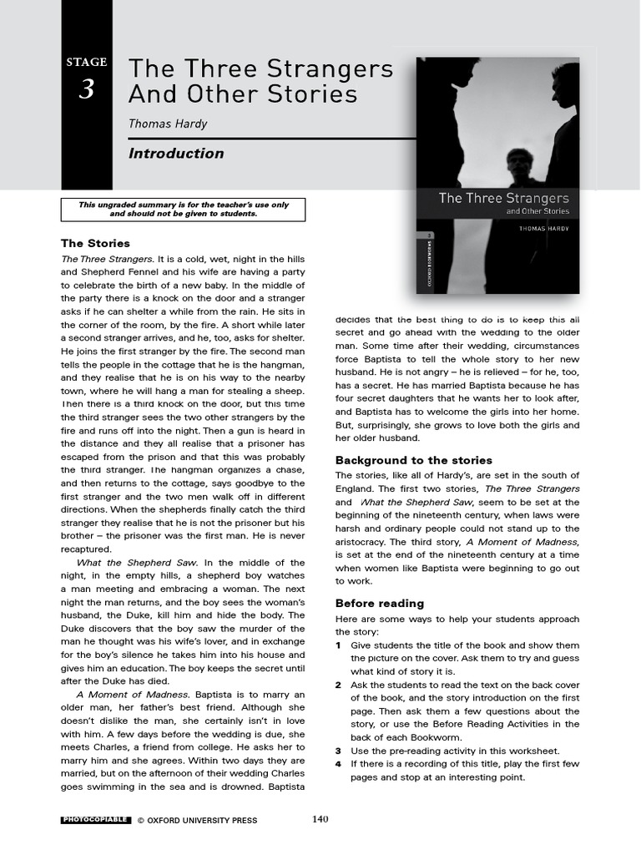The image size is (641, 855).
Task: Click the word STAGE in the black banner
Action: tap(87, 62)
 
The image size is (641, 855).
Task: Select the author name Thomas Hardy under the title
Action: tap(168, 124)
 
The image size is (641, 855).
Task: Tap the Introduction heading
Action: tap(176, 153)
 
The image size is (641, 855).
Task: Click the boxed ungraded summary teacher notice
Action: tap(184, 209)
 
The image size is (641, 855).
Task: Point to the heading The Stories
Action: tap(95, 243)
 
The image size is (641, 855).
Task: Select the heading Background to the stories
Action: tap(413, 460)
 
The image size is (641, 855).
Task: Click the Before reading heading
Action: tap(379, 603)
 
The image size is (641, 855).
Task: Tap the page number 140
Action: tap(320, 819)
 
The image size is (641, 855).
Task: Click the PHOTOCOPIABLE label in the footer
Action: tap(95, 820)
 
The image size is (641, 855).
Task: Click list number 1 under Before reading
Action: tap(338, 645)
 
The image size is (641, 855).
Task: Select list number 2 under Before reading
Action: tap(338, 685)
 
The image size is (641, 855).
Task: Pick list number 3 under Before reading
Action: tap(338, 751)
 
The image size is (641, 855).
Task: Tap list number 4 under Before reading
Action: tap(338, 763)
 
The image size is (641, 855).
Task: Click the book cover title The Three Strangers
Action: tap(503, 198)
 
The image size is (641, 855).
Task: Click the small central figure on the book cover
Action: tap(519, 167)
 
